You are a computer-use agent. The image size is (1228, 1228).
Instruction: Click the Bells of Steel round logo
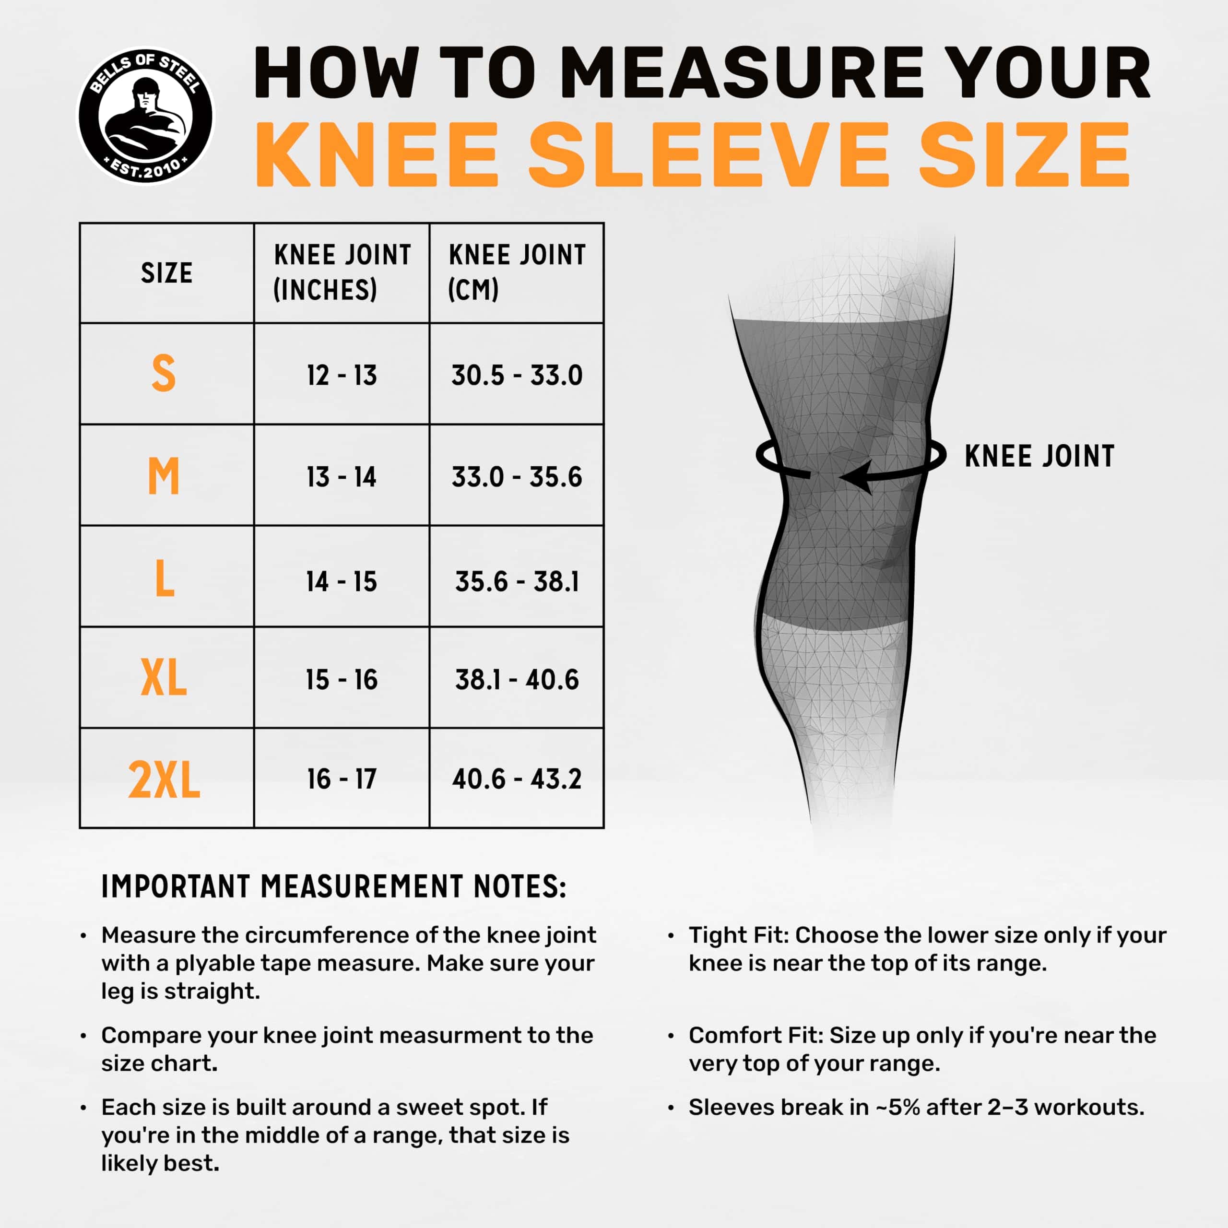[x=145, y=116]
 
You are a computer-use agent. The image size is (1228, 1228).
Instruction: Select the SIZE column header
[x=166, y=272]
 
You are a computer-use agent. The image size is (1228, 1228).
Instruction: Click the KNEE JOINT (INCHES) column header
[x=342, y=272]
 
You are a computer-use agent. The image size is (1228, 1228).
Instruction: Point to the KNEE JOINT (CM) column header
[x=517, y=272]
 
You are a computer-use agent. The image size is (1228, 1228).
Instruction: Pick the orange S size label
[x=164, y=373]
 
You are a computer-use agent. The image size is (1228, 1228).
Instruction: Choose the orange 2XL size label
[x=164, y=779]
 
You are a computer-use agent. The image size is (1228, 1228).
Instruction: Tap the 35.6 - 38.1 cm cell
[x=517, y=581]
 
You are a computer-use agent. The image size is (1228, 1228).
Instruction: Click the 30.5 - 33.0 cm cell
[x=517, y=376]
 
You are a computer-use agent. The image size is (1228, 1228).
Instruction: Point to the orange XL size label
[x=164, y=678]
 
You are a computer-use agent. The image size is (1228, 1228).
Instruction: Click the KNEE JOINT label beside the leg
[x=1039, y=456]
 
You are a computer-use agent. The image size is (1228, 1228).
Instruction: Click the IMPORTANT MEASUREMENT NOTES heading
[x=334, y=886]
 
